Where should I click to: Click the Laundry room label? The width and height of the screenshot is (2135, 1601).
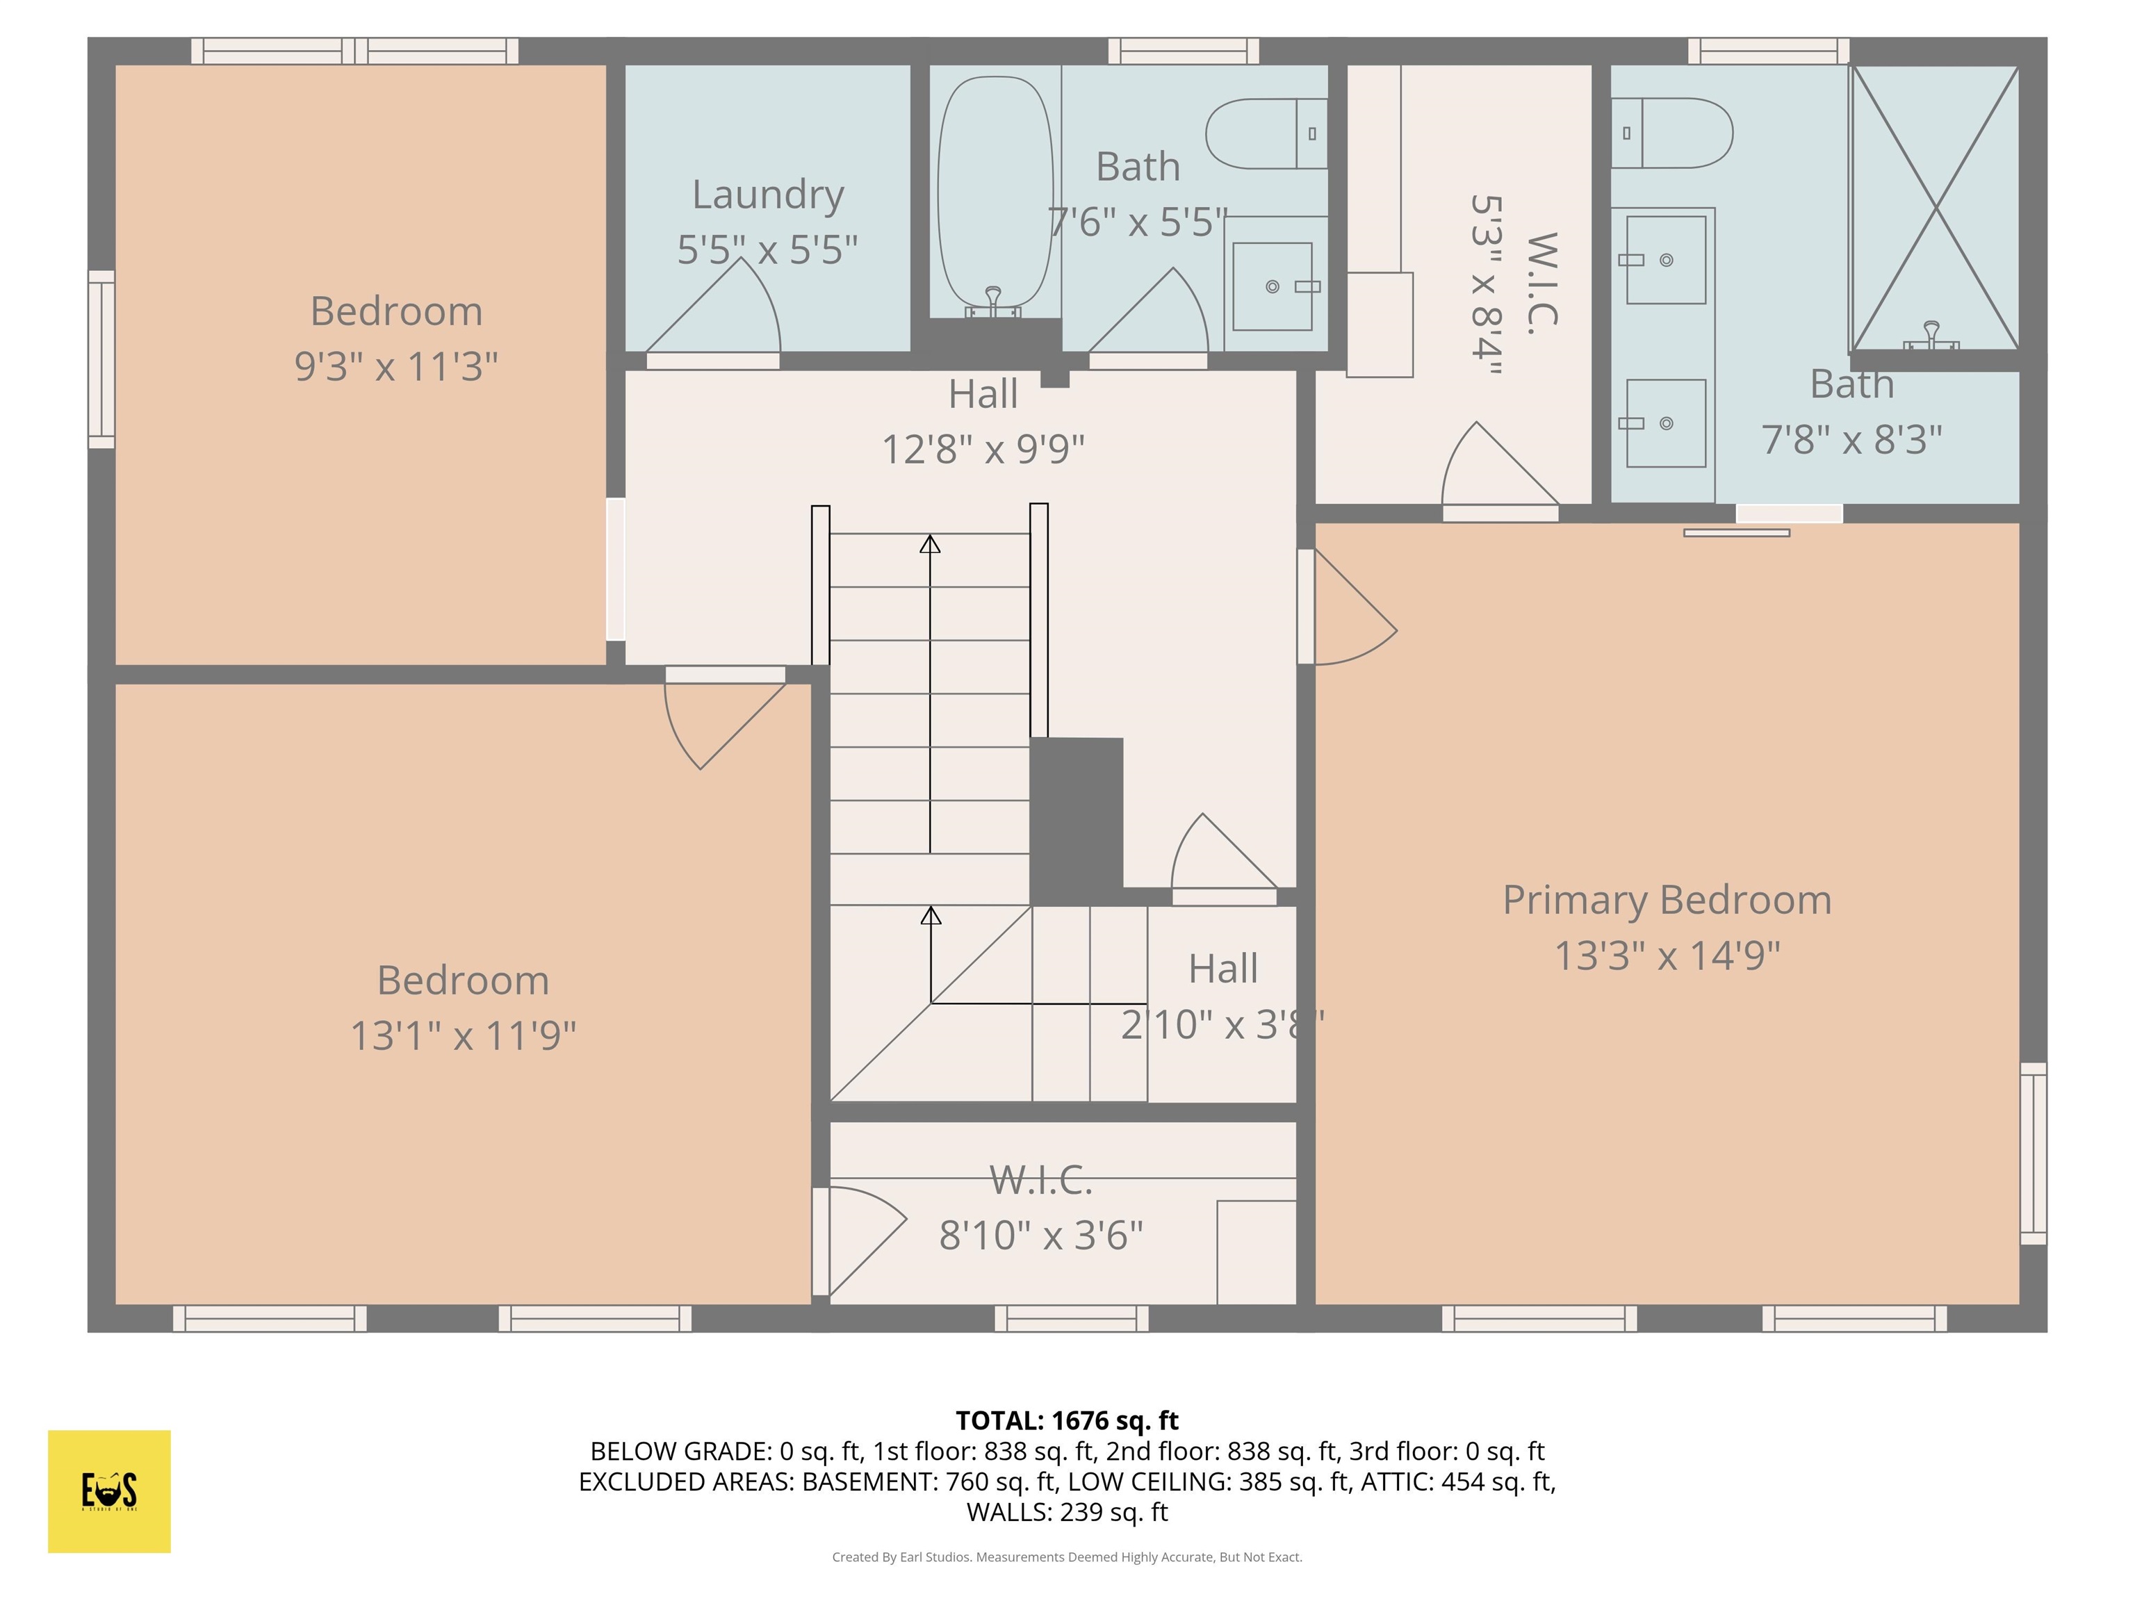pyautogui.click(x=767, y=195)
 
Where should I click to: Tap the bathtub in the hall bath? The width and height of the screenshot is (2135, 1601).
pyautogui.click(x=994, y=193)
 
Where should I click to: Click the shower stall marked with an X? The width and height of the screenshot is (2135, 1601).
pyautogui.click(x=1934, y=208)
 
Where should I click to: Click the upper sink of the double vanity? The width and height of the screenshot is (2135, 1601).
pyautogui.click(x=1665, y=260)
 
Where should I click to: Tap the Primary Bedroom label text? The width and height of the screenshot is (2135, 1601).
pyautogui.click(x=1667, y=901)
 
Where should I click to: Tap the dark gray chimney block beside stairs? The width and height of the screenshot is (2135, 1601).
pyautogui.click(x=1075, y=820)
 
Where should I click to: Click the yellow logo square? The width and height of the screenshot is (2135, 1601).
pyautogui.click(x=109, y=1491)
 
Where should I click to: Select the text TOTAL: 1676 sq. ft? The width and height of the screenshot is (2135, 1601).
pyautogui.click(x=1067, y=1420)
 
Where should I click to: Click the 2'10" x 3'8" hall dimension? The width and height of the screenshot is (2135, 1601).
pyautogui.click(x=1222, y=1025)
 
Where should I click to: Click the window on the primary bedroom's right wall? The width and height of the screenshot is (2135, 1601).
pyautogui.click(x=2033, y=1153)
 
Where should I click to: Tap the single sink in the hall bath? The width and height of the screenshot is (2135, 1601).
pyautogui.click(x=1272, y=286)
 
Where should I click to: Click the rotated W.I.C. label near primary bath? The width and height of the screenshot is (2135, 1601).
pyautogui.click(x=1541, y=284)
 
